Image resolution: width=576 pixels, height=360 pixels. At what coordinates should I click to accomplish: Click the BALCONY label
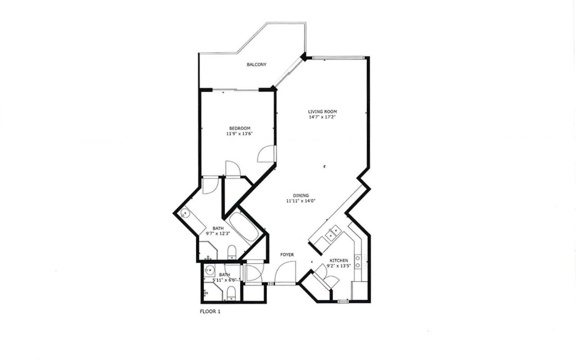tap(256, 64)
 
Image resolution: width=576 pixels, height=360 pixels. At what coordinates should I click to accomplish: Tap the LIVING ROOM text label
tap(323, 112)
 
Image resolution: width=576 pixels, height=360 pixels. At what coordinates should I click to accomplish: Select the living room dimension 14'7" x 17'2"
tap(323, 117)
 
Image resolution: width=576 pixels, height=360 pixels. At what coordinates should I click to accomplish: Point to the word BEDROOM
tap(240, 128)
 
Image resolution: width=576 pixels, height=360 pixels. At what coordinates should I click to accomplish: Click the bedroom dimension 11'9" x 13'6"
tap(240, 134)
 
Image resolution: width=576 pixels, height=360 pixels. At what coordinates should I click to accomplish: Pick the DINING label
tap(301, 196)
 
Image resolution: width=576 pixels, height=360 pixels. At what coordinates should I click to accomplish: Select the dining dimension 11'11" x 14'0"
tap(301, 201)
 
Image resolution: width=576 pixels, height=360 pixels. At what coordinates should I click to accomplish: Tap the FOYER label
tap(287, 255)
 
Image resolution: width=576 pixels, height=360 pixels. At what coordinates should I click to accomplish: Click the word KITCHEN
tap(339, 261)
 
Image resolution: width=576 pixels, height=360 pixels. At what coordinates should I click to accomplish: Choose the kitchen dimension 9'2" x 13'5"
tap(339, 266)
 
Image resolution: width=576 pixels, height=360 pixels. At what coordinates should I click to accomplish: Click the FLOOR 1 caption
tap(210, 312)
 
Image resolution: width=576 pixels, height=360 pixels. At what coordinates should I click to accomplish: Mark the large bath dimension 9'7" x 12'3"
tap(218, 234)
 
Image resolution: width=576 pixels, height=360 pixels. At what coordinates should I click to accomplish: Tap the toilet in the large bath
tap(232, 252)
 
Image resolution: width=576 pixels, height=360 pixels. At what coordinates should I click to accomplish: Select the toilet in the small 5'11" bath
tap(231, 293)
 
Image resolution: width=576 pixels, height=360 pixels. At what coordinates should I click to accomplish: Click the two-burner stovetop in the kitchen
tap(358, 261)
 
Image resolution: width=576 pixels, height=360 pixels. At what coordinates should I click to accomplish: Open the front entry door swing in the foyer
tap(285, 272)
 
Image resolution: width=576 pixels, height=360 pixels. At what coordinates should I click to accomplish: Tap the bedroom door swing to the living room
tap(266, 154)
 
